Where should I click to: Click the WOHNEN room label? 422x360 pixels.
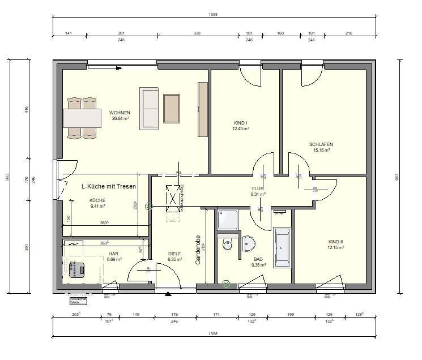click(x=120, y=113)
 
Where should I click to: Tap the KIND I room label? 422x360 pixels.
click(x=241, y=123)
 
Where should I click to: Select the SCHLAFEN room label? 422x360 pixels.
click(x=321, y=144)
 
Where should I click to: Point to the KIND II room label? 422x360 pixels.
click(x=335, y=242)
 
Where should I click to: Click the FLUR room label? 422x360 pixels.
click(x=258, y=188)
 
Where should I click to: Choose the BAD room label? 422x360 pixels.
click(x=258, y=259)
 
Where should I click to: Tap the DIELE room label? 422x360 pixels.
click(x=174, y=254)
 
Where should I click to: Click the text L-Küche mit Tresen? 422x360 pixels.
click(x=109, y=186)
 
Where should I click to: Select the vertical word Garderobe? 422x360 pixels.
click(x=198, y=250)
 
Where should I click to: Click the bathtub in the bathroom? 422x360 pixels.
click(x=282, y=247)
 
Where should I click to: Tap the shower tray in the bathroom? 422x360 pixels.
click(x=229, y=220)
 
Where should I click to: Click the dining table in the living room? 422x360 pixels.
click(x=82, y=118)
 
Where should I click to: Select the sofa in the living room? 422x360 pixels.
click(x=150, y=109)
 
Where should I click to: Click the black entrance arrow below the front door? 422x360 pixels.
click(x=167, y=294)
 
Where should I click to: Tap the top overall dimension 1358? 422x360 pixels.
click(x=213, y=15)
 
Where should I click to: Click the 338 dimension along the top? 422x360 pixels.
click(x=197, y=33)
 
